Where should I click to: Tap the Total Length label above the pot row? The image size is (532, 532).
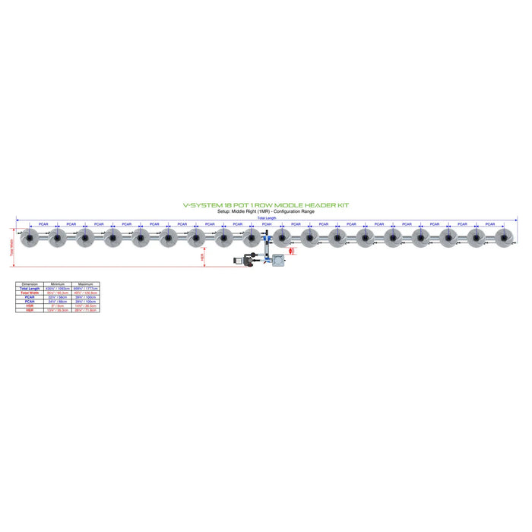click(x=266, y=218)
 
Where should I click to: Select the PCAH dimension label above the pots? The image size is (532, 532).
click(x=267, y=224)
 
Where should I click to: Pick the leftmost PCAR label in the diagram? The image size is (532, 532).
click(x=43, y=224)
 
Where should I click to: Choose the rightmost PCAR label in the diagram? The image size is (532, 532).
click(x=490, y=224)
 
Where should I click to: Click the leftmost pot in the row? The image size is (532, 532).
click(x=29, y=240)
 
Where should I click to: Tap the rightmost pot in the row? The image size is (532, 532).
click(x=504, y=240)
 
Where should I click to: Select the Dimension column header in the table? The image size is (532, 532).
click(x=29, y=283)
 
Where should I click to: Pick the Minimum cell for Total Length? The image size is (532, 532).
click(x=58, y=288)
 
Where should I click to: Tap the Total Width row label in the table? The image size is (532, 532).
click(x=29, y=293)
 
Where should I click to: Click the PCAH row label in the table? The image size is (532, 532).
click(x=29, y=301)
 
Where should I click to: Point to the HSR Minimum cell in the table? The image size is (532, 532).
click(x=58, y=306)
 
